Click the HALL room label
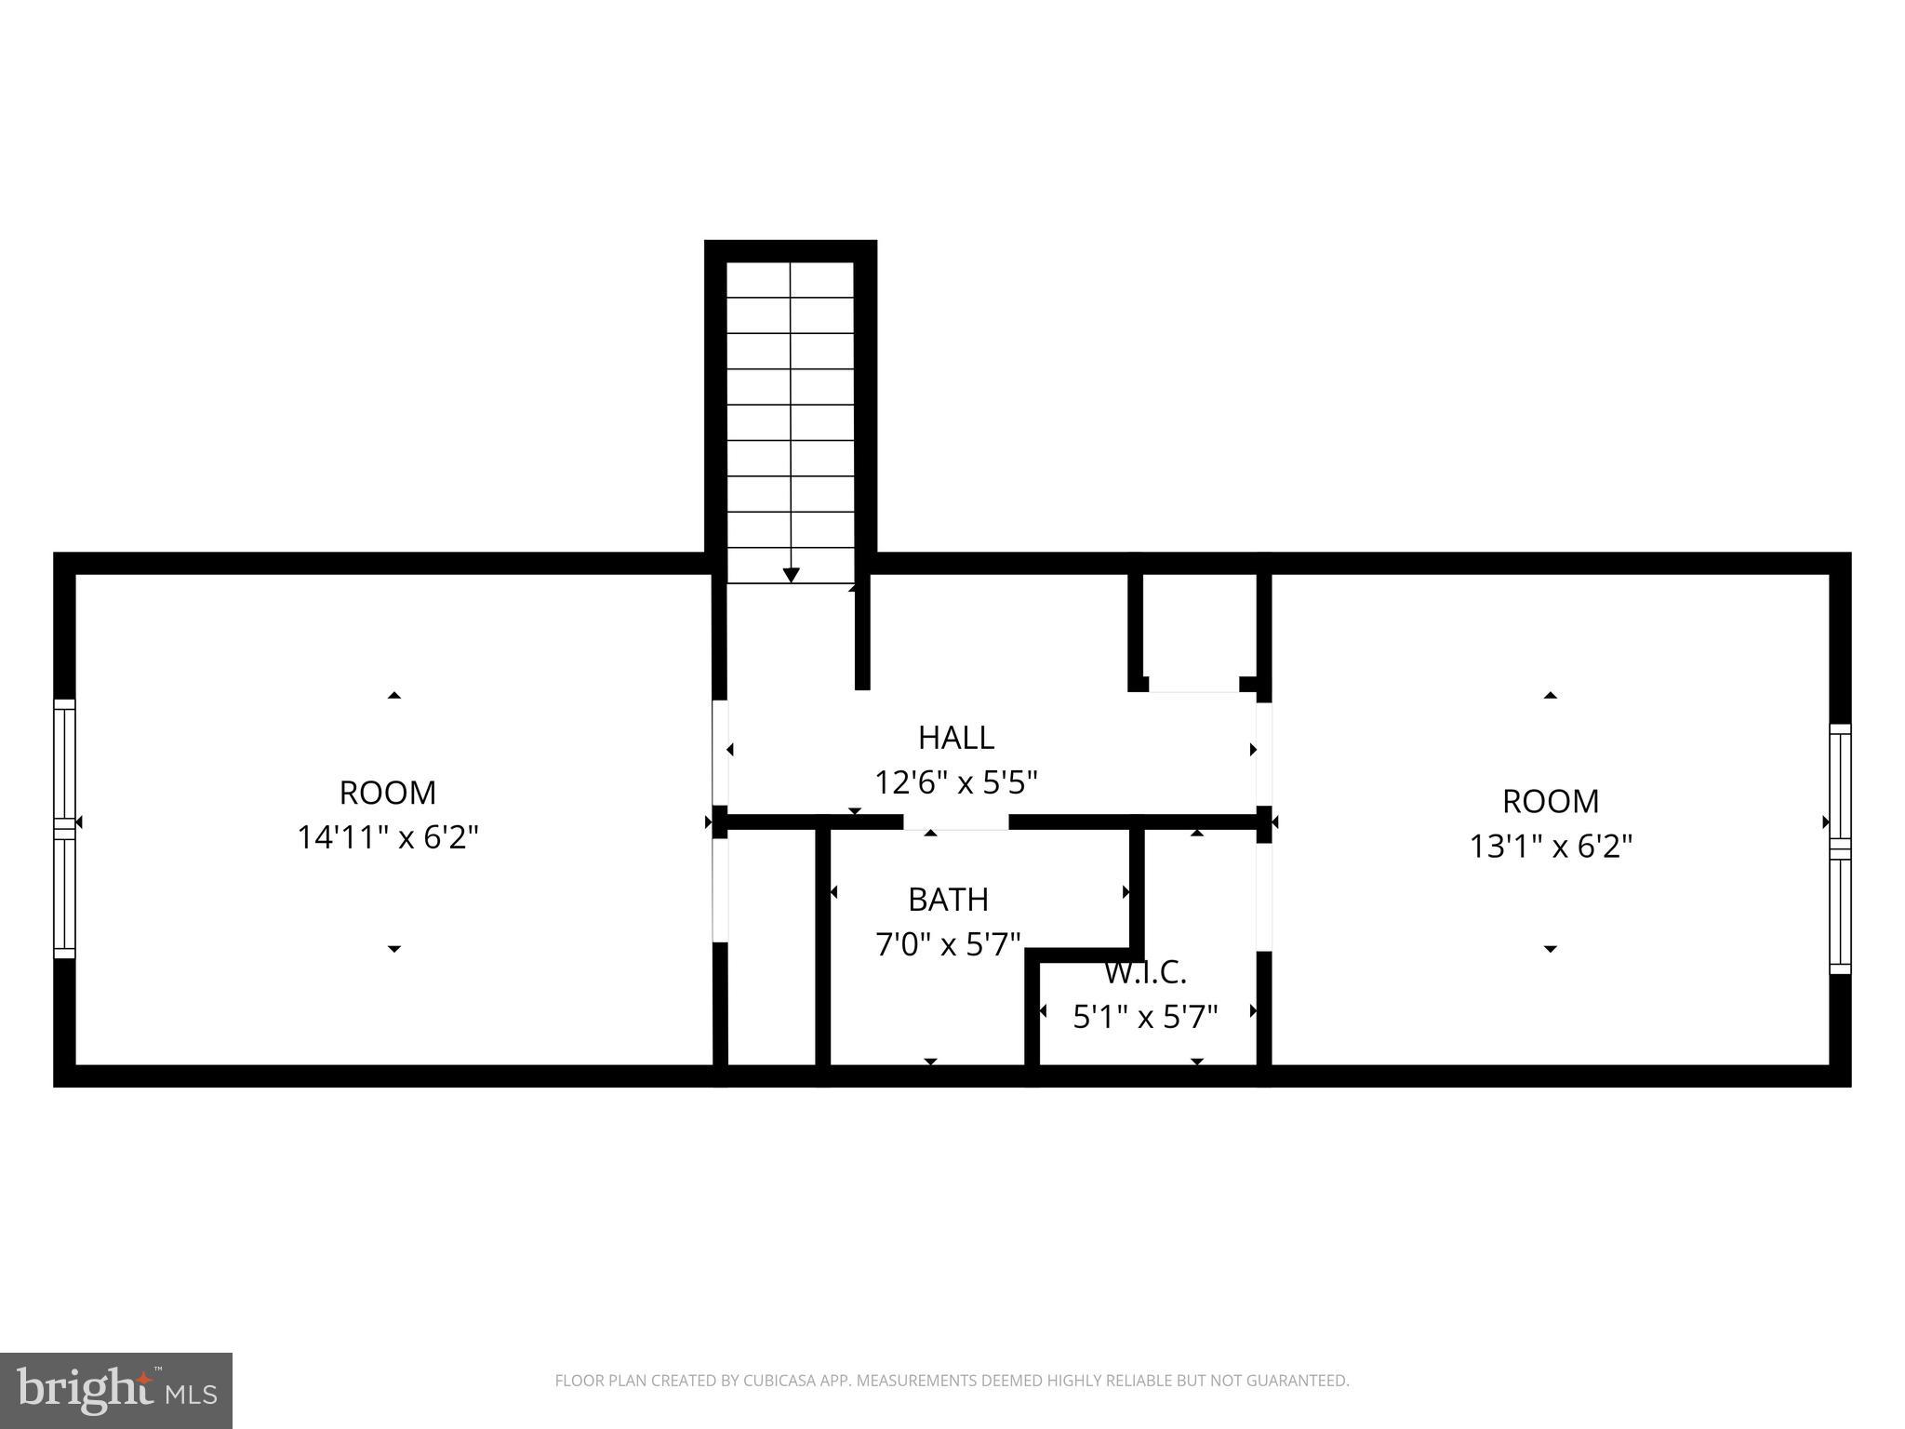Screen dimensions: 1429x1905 [x=955, y=738]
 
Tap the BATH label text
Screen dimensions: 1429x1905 [x=948, y=900]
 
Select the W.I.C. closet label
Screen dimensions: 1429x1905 [x=1145, y=973]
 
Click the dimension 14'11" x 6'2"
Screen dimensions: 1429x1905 [x=387, y=837]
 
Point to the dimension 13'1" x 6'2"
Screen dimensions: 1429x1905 [x=1551, y=847]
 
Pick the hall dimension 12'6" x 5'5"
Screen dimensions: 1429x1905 [x=955, y=782]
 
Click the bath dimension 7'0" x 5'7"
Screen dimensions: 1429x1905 [x=948, y=945]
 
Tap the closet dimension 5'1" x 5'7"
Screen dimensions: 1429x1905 [x=1145, y=1017]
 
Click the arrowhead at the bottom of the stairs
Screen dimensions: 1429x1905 [x=791, y=575]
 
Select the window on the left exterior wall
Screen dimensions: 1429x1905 [x=64, y=828]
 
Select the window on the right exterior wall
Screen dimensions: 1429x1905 [x=1840, y=848]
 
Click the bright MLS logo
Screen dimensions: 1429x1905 [x=116, y=1390]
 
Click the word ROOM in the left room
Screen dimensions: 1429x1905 [x=387, y=793]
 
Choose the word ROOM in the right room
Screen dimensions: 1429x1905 [x=1551, y=801]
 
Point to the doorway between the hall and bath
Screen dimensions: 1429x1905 [x=955, y=822]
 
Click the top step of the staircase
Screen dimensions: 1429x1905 [x=791, y=279]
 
